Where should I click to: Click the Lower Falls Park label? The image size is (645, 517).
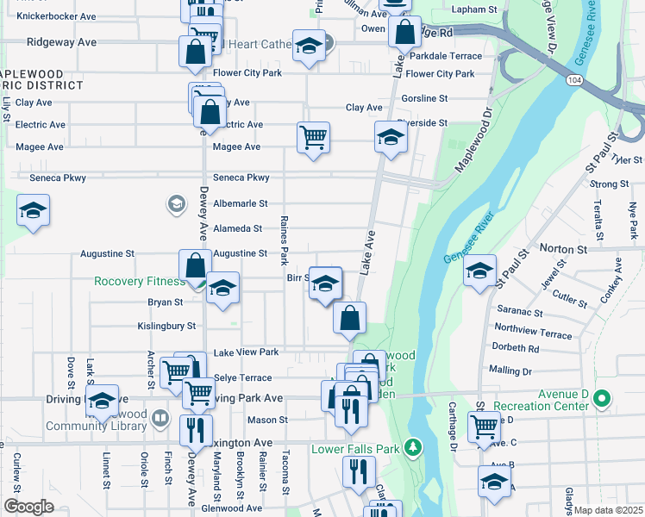click(x=355, y=449)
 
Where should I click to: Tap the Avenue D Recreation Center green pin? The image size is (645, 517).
click(x=602, y=399)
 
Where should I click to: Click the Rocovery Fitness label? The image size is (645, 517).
click(x=140, y=282)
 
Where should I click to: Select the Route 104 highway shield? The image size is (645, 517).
click(x=573, y=79)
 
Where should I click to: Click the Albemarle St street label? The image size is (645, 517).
click(x=241, y=203)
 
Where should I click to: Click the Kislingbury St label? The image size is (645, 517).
click(x=166, y=327)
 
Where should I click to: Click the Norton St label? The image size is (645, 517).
click(x=562, y=248)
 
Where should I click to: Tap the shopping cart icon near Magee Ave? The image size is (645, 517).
click(x=313, y=136)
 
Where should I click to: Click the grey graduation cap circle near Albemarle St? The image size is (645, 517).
click(x=176, y=204)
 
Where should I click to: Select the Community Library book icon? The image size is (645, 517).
click(x=160, y=419)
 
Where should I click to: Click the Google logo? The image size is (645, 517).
click(x=28, y=507)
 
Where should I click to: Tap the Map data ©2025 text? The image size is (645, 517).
click(x=607, y=510)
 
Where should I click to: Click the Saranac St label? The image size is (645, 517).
click(x=519, y=314)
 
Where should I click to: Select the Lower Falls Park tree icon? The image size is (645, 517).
click(x=414, y=447)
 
